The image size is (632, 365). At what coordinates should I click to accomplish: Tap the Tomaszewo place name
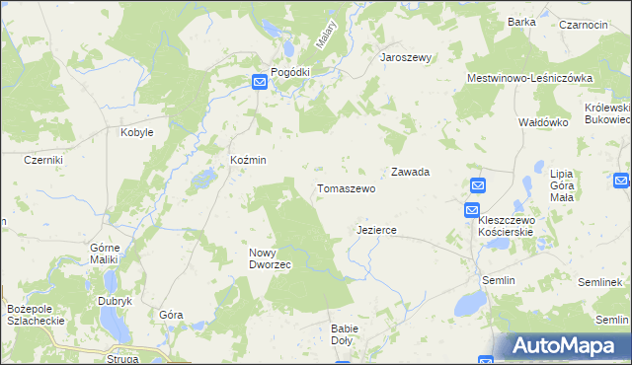coord(346,187)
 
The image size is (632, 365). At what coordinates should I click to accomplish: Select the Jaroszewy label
coord(407,57)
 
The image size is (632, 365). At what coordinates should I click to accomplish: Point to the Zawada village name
coord(410,172)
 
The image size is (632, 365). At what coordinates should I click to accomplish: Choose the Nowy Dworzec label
coord(268,258)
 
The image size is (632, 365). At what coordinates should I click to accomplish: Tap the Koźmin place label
coord(248,160)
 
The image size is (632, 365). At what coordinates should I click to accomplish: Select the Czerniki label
coord(43,160)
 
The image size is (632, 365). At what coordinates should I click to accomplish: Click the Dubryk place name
coord(115,301)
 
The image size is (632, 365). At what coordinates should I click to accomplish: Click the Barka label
coord(521,21)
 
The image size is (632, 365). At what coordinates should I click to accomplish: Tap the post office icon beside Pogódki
coord(259,84)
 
